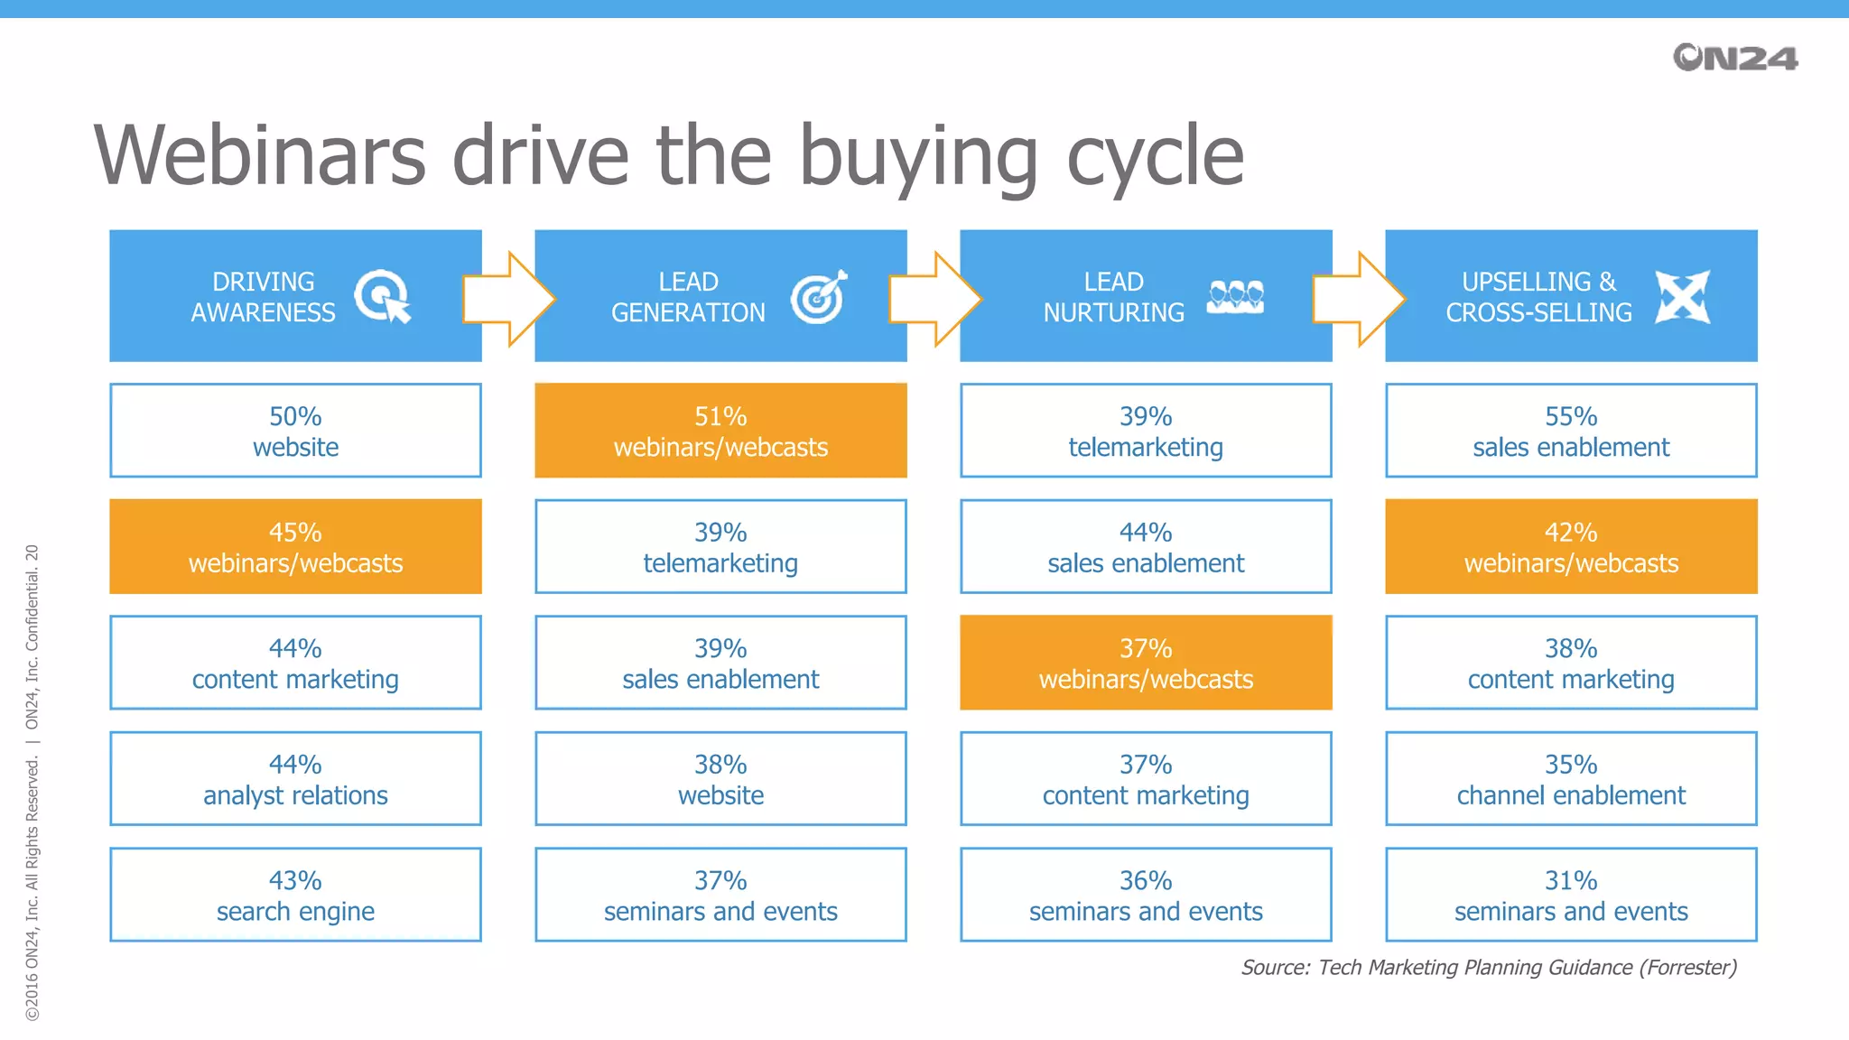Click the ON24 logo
(1734, 58)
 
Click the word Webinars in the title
(260, 156)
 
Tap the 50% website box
(295, 431)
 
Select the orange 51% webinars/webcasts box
(720, 431)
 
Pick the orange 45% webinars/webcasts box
(295, 546)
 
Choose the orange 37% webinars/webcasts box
(1146, 663)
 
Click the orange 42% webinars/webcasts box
(1571, 546)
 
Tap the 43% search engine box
(295, 895)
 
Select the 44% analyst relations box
(295, 779)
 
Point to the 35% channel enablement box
(1571, 779)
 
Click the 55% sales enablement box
(1571, 431)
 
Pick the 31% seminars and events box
(1571, 895)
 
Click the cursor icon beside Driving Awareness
(383, 296)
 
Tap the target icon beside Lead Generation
(819, 296)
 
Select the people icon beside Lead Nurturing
(1235, 296)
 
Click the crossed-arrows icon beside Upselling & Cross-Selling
(1683, 296)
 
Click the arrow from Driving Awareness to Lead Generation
(507, 299)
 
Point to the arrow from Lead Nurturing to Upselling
(1358, 299)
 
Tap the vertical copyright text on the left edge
(32, 782)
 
